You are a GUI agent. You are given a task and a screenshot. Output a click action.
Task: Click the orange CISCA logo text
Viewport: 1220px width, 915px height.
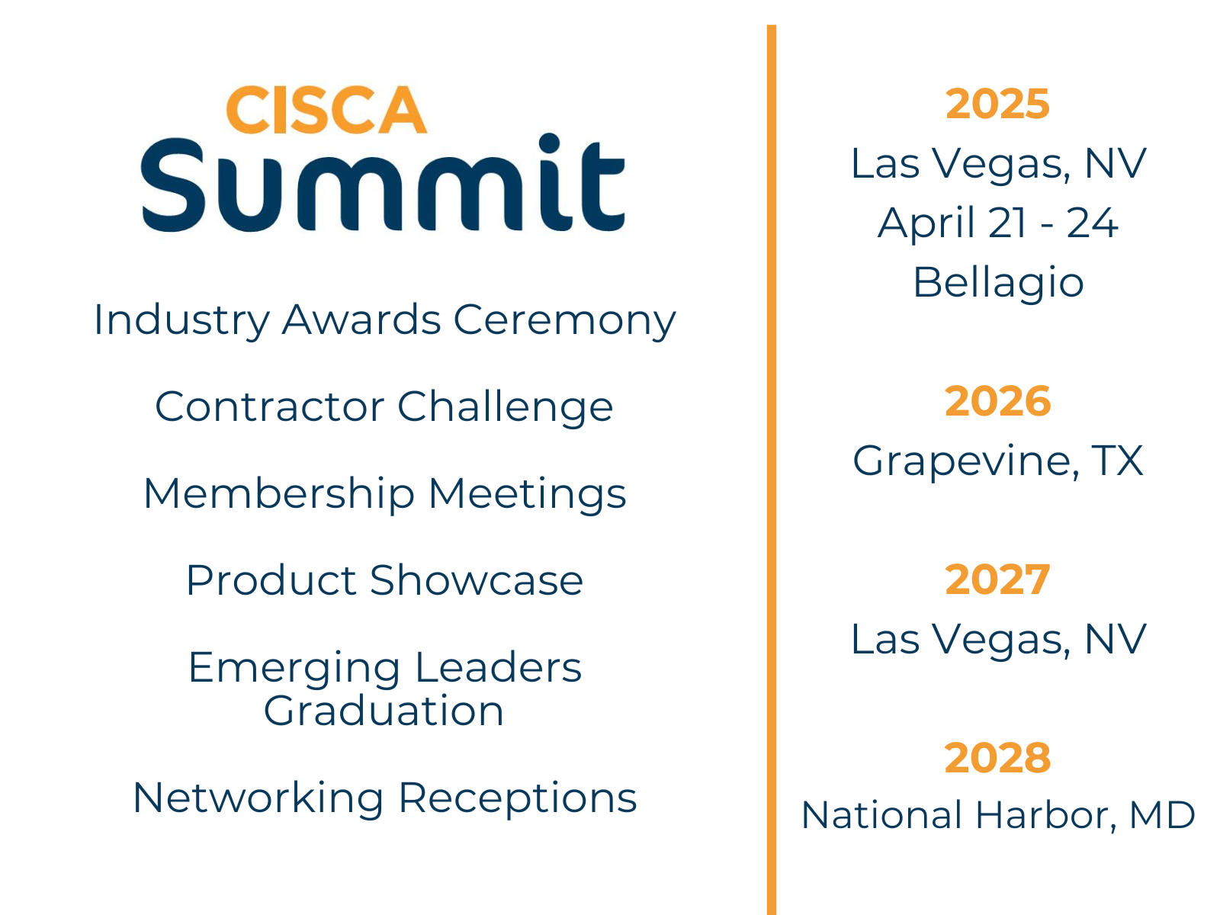point(326,110)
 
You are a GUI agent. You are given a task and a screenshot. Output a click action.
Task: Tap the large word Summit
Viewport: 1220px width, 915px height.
point(383,183)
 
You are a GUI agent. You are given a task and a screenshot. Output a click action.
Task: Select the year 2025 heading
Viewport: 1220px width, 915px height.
point(997,104)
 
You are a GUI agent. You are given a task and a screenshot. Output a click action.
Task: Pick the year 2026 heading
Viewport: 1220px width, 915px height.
point(997,401)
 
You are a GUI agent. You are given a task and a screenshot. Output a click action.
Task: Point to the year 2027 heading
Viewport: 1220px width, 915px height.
point(997,579)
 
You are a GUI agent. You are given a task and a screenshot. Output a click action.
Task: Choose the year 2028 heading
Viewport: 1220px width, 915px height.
point(997,758)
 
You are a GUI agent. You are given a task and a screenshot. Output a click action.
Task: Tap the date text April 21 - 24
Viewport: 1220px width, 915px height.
point(997,223)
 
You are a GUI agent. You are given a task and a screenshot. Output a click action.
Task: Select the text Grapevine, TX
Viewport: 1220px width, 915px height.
point(997,462)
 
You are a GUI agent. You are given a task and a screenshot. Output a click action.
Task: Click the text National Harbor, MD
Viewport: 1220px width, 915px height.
point(997,816)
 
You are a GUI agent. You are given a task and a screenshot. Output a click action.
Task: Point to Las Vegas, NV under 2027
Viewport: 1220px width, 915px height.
point(998,640)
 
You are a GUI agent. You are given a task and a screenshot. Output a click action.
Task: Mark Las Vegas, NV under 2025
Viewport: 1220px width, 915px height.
point(998,165)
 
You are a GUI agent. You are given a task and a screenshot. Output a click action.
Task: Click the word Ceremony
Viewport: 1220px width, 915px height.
point(565,322)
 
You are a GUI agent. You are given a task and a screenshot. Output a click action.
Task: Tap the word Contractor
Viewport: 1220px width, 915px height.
point(270,406)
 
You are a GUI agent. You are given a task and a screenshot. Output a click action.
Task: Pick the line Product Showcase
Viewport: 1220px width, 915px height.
point(384,580)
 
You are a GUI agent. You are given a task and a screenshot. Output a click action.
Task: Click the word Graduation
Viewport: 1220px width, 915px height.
point(384,711)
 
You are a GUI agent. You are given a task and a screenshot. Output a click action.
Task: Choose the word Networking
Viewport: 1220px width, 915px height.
point(258,799)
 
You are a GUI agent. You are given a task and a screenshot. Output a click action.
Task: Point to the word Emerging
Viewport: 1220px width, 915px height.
point(294,669)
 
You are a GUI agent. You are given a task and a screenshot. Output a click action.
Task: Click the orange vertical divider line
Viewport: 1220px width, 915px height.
point(772,470)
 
